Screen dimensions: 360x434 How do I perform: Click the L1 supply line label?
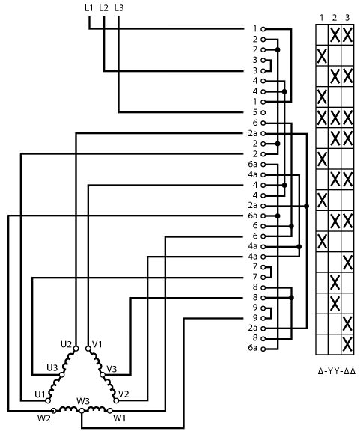coord(88,8)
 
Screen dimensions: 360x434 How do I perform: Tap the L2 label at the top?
coord(103,8)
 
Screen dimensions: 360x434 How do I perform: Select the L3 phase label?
coord(118,8)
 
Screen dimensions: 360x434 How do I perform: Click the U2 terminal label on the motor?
coord(66,344)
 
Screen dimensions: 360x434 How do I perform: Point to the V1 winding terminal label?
coord(97,344)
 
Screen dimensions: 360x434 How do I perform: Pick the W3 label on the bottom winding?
coord(83,401)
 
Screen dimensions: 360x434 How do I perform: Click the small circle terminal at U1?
coord(48,400)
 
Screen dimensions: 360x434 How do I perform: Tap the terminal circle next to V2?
coord(116,400)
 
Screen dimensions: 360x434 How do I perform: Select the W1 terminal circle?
coord(110,411)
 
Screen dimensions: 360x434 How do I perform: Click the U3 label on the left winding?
coord(52,368)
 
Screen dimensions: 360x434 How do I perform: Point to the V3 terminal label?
coord(112,369)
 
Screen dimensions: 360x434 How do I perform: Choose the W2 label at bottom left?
coord(43,418)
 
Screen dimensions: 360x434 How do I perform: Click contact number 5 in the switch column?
coord(255,112)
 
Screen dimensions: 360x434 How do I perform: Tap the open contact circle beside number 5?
coord(263,113)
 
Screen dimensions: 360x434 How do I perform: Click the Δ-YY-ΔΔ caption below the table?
coord(337,371)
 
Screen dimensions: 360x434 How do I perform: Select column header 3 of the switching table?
coord(347,18)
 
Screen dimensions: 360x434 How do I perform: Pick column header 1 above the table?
coord(322,18)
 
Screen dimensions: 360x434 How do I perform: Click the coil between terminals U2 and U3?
coord(68,361)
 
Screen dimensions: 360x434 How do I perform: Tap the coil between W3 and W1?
coord(96,409)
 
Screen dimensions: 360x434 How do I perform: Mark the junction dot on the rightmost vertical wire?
coord(306,206)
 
